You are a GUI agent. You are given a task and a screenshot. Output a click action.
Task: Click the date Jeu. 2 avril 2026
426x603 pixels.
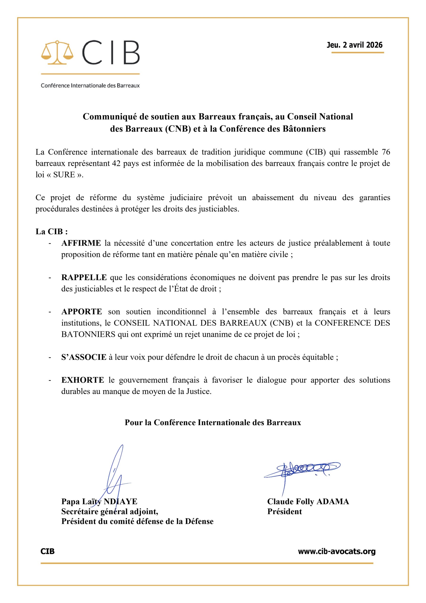[354, 45]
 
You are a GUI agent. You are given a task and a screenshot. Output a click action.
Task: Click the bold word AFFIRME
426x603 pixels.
[81, 243]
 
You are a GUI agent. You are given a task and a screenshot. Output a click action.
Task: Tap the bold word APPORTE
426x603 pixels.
[82, 312]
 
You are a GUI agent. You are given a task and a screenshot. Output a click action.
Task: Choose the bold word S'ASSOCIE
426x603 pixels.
[84, 357]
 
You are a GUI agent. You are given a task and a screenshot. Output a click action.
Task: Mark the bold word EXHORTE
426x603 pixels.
[83, 380]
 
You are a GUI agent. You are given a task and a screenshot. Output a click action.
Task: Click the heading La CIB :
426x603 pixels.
[52, 232]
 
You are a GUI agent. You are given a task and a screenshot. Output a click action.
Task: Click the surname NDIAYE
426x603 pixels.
[120, 502]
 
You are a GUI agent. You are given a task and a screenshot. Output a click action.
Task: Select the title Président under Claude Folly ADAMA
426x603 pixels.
[284, 512]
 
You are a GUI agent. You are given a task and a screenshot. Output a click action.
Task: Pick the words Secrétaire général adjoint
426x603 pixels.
[109, 512]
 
